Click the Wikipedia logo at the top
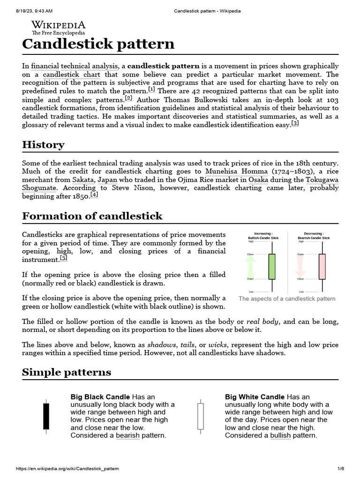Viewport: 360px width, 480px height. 58,28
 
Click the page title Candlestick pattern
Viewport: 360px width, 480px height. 98,44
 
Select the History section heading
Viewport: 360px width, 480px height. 43,144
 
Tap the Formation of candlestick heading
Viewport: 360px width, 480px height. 92,216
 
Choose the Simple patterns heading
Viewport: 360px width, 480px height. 67,372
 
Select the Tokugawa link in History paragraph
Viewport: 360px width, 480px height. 322,180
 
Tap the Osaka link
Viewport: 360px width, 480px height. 258,180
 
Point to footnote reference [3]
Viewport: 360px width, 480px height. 295,123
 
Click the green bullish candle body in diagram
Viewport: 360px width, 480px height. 271,266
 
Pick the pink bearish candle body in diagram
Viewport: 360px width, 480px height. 322,266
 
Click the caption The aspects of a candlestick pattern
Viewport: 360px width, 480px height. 287,299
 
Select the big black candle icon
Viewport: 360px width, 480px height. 45,416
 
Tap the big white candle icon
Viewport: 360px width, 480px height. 201,416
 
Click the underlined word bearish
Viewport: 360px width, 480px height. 128,435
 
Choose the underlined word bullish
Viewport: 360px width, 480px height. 280,435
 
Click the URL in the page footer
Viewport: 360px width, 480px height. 67,469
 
